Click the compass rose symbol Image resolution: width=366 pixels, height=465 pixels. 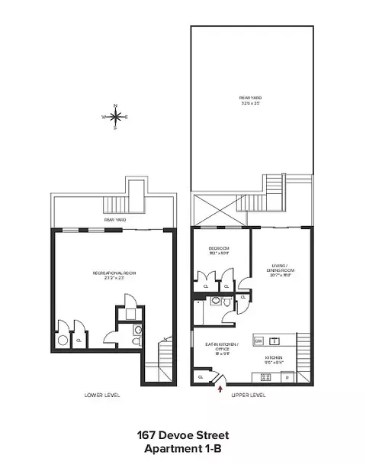(115, 117)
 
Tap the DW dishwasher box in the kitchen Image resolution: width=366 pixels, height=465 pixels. (258, 341)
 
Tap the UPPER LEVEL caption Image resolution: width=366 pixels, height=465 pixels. (249, 396)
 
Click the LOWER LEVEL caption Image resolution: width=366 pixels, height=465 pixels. (101, 396)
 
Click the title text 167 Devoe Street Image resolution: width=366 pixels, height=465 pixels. (181, 435)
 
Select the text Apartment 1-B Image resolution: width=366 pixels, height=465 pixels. (181, 450)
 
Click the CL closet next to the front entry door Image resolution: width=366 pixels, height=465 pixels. (201, 376)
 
